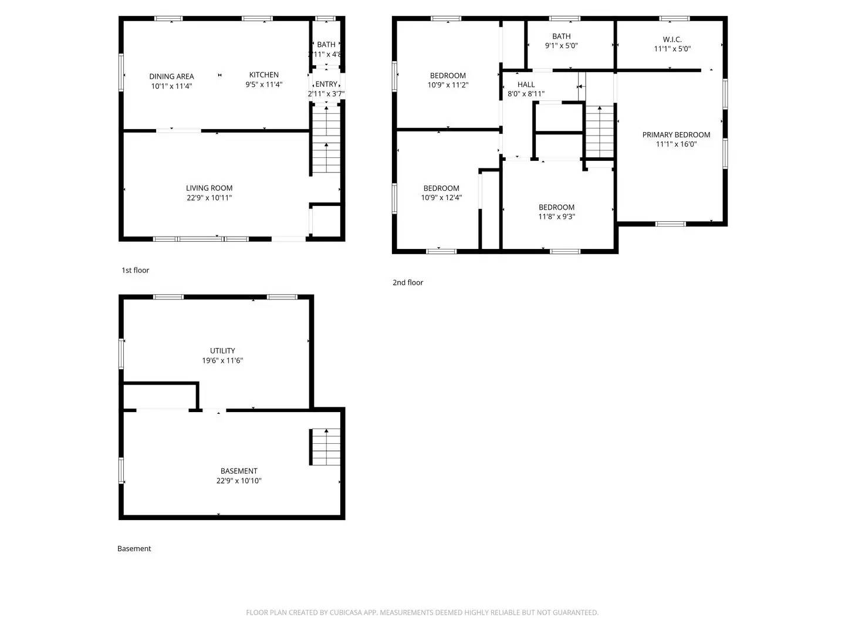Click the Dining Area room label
coord(171,76)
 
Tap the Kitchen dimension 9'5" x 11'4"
coord(264,85)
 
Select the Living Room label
coord(209,188)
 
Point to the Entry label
coord(326,84)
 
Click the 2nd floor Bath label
coord(562,36)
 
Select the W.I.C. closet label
coord(672,39)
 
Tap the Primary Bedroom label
coord(676,135)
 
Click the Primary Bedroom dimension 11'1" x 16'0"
coord(676,144)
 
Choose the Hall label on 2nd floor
coord(526,85)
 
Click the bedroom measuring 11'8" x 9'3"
coord(556,212)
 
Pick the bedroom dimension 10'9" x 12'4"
coord(441,198)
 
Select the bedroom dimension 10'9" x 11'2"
coord(448,85)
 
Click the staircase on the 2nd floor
coord(599,132)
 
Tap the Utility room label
coord(222,351)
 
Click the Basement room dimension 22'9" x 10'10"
coord(239,481)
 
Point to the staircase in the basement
coord(325,447)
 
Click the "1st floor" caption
coord(136,271)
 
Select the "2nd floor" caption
coord(408,283)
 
